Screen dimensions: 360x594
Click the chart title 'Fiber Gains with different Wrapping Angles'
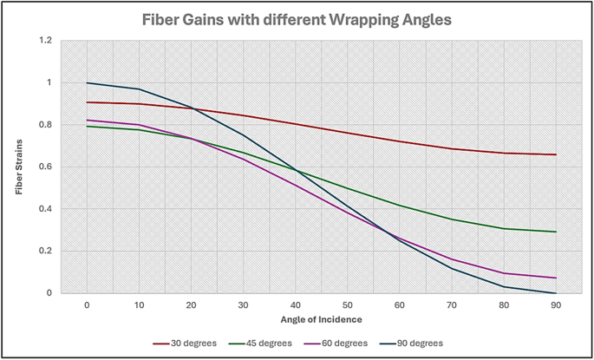(x=297, y=20)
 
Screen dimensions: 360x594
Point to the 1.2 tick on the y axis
(x=45, y=41)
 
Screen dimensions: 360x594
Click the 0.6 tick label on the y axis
(x=45, y=167)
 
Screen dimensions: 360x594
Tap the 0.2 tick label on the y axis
(x=45, y=251)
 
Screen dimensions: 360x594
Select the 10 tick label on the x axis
(x=140, y=305)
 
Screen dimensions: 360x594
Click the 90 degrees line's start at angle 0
(x=87, y=83)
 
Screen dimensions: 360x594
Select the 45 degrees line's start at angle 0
(x=87, y=127)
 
